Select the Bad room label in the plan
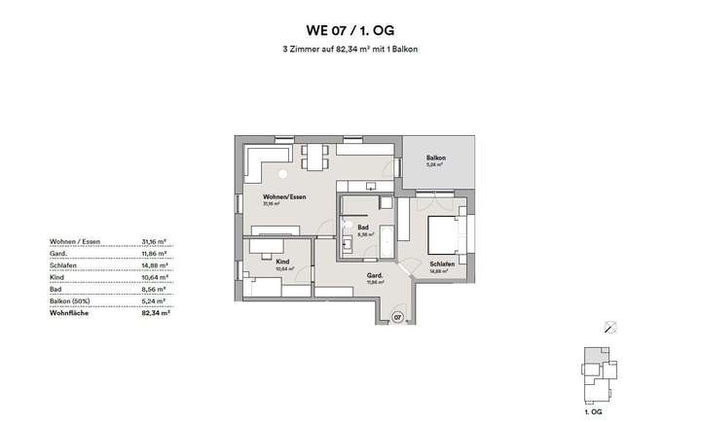tap(363, 228)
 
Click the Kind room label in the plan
tap(283, 262)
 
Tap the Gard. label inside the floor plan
tap(373, 275)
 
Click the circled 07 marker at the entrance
tap(397, 317)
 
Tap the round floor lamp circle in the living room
tap(283, 174)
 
